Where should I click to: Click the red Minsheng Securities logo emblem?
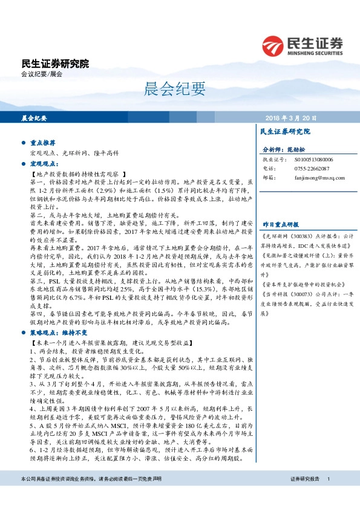(273, 45)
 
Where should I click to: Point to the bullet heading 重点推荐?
(42, 143)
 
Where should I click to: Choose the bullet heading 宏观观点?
(42, 163)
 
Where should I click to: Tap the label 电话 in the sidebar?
(269, 168)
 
